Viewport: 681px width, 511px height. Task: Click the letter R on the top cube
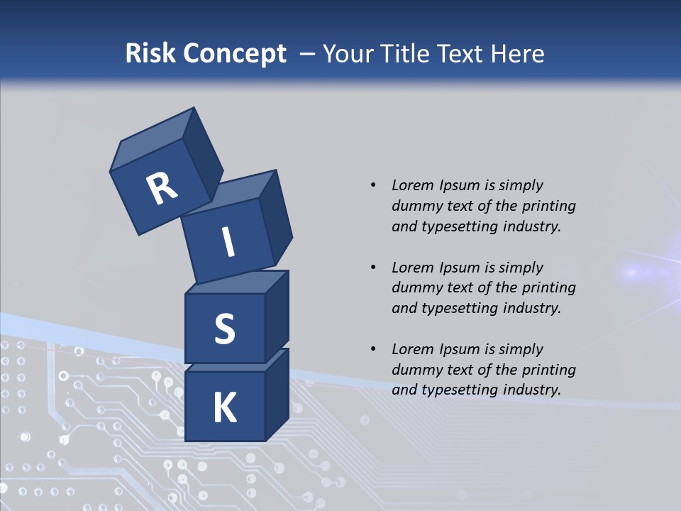click(x=162, y=189)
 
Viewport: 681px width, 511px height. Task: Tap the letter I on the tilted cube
click(x=228, y=243)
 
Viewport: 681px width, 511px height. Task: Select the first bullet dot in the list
click(x=372, y=185)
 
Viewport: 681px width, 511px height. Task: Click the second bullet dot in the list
click(x=372, y=268)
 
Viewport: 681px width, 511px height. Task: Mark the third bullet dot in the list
click(x=372, y=349)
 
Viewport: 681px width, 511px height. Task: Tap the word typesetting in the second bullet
click(x=455, y=308)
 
